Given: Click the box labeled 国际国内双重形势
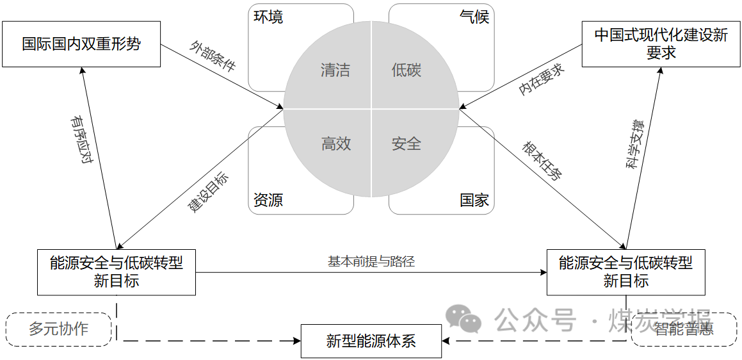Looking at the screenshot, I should pyautogui.click(x=81, y=44).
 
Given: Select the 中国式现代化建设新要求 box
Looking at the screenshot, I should pyautogui.click(x=661, y=44).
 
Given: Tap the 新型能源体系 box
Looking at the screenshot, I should pyautogui.click(x=371, y=341).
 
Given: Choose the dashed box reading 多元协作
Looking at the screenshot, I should pyautogui.click(x=58, y=330).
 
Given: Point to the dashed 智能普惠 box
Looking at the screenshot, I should pyautogui.click(x=684, y=330).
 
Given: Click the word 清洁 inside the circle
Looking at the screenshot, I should pyautogui.click(x=335, y=70).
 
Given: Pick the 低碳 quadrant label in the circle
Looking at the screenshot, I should pyautogui.click(x=406, y=70).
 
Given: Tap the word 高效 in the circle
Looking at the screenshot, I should pyautogui.click(x=335, y=143).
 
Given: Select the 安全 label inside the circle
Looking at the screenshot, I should pyautogui.click(x=406, y=143).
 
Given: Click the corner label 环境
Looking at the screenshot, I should pyautogui.click(x=268, y=17).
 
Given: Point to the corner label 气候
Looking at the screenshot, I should pyautogui.click(x=474, y=17).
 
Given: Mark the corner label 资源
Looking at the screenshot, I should pyautogui.click(x=268, y=200).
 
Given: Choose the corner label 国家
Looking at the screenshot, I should pyautogui.click(x=474, y=200).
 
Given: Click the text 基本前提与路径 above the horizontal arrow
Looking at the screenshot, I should pyautogui.click(x=371, y=261).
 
